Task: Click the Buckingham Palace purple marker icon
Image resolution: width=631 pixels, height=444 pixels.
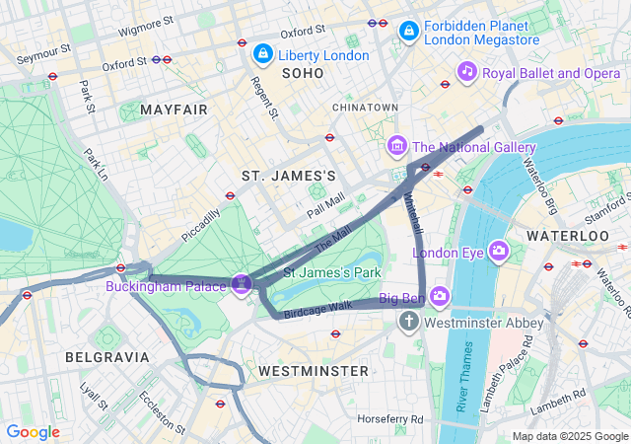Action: [x=243, y=284]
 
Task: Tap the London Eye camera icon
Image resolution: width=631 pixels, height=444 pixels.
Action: [x=498, y=252]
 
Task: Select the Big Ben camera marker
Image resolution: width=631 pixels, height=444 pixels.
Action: [x=439, y=296]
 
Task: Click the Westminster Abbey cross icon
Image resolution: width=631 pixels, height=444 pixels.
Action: [x=409, y=322]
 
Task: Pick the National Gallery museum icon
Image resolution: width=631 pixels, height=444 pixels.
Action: [x=397, y=147]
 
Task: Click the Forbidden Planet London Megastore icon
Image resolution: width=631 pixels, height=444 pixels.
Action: [x=408, y=33]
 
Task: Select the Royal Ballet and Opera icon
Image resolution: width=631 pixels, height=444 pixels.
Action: [x=467, y=71]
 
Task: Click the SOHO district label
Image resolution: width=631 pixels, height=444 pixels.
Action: [x=302, y=74]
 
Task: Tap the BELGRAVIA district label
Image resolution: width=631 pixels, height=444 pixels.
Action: [x=106, y=356]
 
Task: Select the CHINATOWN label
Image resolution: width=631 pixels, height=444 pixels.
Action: [x=365, y=107]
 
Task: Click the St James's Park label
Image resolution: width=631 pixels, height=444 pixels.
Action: [x=332, y=271]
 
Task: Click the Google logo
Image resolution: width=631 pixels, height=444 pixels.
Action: [x=33, y=432]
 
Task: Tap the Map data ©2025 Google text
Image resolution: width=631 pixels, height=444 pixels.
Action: [x=569, y=436]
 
